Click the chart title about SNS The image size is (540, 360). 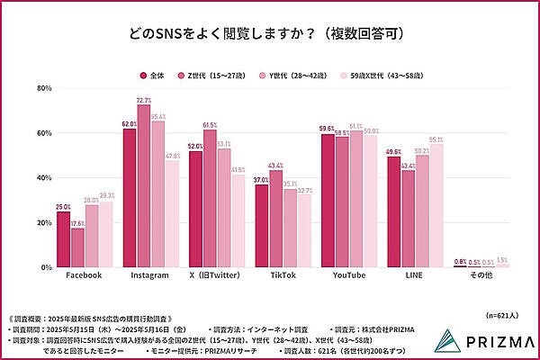(269, 33)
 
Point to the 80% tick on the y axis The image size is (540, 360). (42, 88)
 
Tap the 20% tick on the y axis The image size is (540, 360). (42, 223)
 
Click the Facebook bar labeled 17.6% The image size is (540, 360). (77, 247)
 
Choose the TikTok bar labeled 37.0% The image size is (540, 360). (262, 226)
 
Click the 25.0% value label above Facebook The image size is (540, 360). (63, 206)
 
